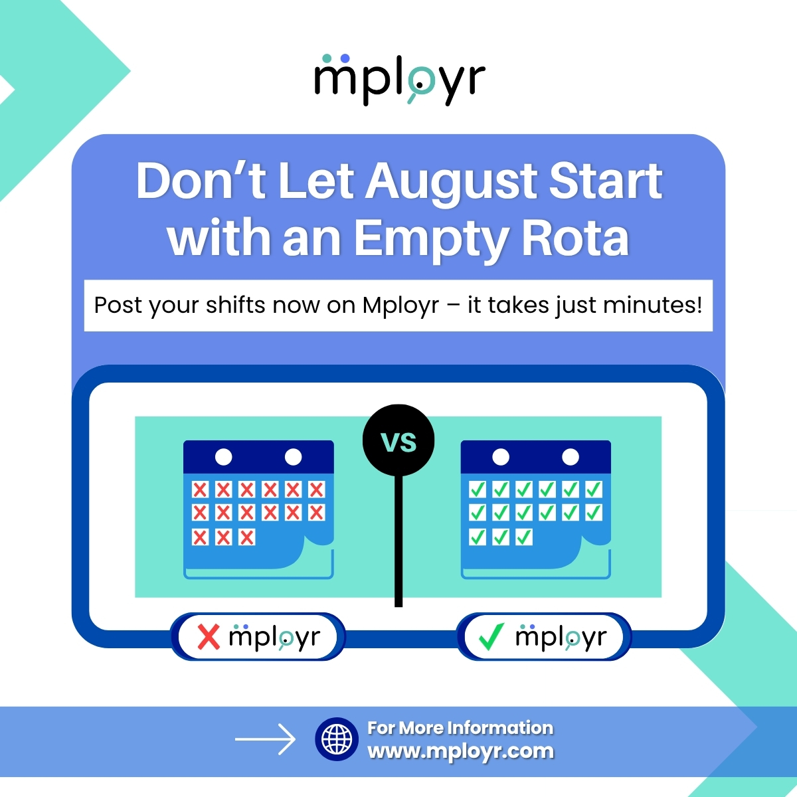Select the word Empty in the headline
click(x=432, y=239)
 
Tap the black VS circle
click(x=398, y=441)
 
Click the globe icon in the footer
click(x=337, y=739)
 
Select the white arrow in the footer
click(x=265, y=739)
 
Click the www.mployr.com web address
click(x=460, y=751)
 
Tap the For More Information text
click(x=460, y=728)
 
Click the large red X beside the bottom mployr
click(x=209, y=637)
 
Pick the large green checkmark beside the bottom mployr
click(x=491, y=637)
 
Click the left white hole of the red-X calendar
click(x=224, y=457)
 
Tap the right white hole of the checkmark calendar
click(x=571, y=457)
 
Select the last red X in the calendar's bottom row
click(x=246, y=537)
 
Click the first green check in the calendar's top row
click(x=478, y=490)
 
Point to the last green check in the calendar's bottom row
click(x=524, y=537)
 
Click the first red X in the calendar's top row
click(x=200, y=490)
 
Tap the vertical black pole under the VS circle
click(x=398, y=538)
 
